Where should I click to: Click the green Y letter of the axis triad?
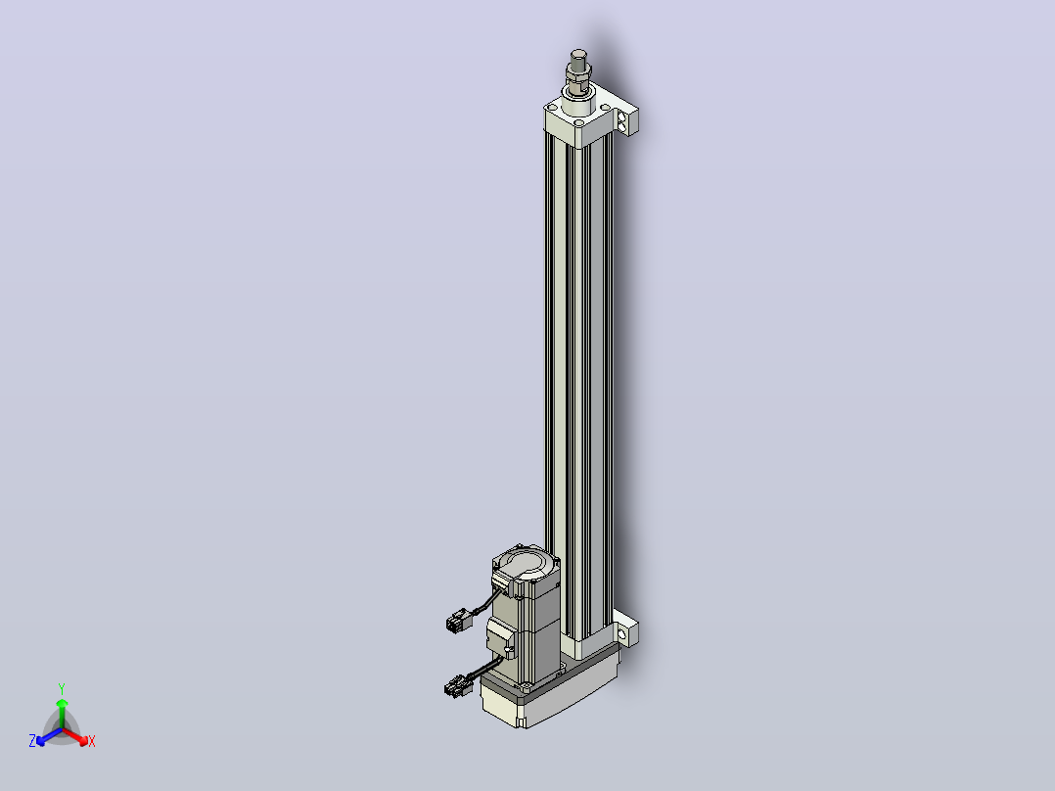pos(62,688)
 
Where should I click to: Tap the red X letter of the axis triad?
pos(92,741)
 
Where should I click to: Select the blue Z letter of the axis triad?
pos(32,741)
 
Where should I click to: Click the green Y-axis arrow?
pos(62,714)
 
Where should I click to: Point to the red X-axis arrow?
pos(75,736)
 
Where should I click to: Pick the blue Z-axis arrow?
pos(49,736)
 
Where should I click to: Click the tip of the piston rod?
pos(578,52)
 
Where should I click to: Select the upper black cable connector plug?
pos(459,620)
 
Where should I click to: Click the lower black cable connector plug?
pos(458,686)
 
